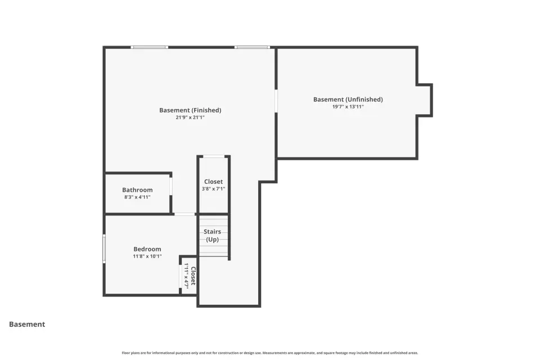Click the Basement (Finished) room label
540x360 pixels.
[x=190, y=110]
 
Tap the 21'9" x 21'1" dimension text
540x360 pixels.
[x=190, y=118]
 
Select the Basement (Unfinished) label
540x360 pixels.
[x=348, y=100]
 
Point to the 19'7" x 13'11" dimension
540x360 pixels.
[x=348, y=107]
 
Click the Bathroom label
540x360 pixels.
[x=137, y=190]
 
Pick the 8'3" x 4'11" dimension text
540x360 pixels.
[x=137, y=197]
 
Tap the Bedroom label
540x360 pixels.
[x=147, y=249]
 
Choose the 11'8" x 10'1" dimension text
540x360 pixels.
[x=147, y=256]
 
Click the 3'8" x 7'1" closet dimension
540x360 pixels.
[x=214, y=189]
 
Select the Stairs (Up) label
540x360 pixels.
[x=212, y=236]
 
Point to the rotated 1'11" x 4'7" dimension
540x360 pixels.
[x=186, y=276]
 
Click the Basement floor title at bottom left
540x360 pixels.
[x=27, y=324]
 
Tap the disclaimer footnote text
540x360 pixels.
[x=269, y=353]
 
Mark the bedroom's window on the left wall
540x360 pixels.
[x=104, y=249]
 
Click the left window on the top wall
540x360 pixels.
[x=150, y=47]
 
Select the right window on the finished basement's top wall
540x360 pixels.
[x=252, y=47]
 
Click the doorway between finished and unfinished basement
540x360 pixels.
[x=276, y=101]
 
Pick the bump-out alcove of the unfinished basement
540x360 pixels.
[x=424, y=100]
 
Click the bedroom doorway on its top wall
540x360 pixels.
[x=184, y=214]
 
